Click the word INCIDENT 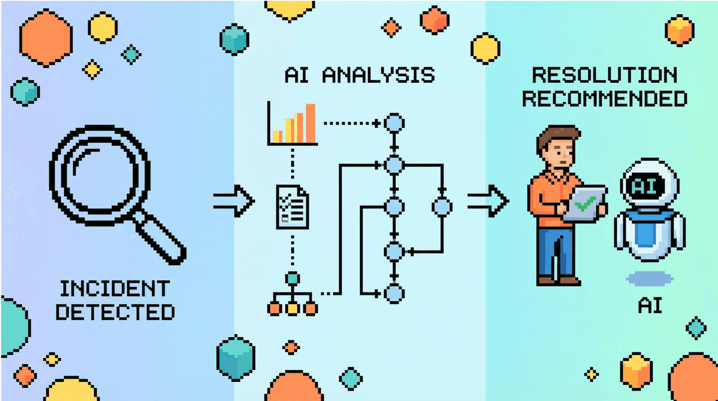(x=115, y=289)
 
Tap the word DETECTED (x=115, y=312)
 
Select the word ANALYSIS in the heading (x=378, y=75)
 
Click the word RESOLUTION (x=604, y=75)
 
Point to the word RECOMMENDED (x=604, y=99)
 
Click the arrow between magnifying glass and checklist (x=234, y=201)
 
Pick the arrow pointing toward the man (x=488, y=201)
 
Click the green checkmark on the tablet (x=584, y=204)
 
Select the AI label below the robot (x=650, y=306)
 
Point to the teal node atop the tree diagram (x=293, y=279)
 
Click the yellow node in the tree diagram (x=293, y=308)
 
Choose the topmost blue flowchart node (x=394, y=123)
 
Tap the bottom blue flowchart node (x=394, y=294)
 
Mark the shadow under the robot (x=650, y=279)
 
